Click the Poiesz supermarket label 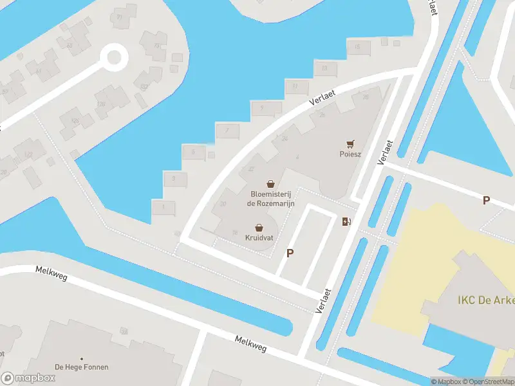[x=350, y=154]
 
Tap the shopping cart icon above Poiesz [x=350, y=143]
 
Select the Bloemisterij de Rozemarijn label [x=270, y=198]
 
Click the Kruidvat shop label [x=259, y=237]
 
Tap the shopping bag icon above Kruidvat [x=259, y=227]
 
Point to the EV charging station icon [x=347, y=222]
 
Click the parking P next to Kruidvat [x=290, y=253]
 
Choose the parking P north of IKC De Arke [x=486, y=200]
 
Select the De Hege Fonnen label [x=81, y=367]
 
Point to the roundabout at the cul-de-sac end [x=114, y=57]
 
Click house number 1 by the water [x=164, y=207]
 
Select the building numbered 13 [x=324, y=68]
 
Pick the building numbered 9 [x=261, y=109]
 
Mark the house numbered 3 [x=174, y=178]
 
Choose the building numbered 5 [x=193, y=152]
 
